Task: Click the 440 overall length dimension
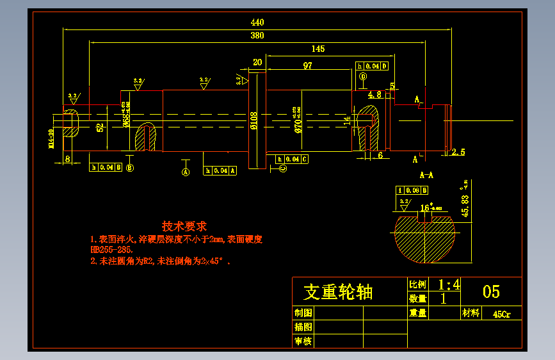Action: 257,22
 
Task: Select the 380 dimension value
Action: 257,36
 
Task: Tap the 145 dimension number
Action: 318,49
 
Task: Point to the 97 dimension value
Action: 308,65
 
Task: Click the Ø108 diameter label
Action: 253,121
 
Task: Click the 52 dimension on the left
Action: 100,127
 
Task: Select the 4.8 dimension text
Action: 374,94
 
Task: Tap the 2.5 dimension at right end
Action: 458,152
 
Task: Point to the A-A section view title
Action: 426,174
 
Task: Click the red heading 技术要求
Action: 184,226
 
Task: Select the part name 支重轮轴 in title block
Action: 337,292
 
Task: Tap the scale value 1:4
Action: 449,284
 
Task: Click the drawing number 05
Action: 491,291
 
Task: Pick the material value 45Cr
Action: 501,314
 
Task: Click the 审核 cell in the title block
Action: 303,341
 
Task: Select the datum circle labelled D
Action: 363,76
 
